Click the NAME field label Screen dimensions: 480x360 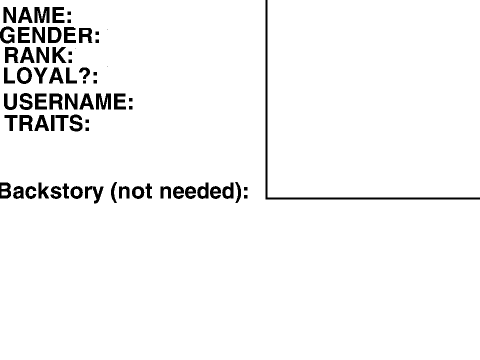click(x=37, y=15)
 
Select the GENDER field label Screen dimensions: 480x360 click(x=50, y=35)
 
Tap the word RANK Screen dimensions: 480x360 click(x=35, y=55)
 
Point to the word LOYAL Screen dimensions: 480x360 click(x=40, y=76)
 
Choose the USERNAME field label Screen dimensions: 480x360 click(x=68, y=101)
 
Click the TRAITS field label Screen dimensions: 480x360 click(x=47, y=123)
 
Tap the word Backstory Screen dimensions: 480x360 click(x=52, y=191)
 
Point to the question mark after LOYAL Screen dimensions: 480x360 click(x=85, y=75)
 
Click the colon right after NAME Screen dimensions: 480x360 click(x=69, y=17)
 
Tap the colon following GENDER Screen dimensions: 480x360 click(x=97, y=37)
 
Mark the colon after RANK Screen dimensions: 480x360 click(x=70, y=57)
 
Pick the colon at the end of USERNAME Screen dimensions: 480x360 click(x=131, y=104)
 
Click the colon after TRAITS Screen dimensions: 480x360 click(x=87, y=125)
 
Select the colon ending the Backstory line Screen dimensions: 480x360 click(x=246, y=193)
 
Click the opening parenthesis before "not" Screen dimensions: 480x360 click(x=114, y=192)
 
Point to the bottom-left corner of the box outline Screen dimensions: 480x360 click(x=267, y=198)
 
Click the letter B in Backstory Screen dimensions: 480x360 click(x=6, y=191)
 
